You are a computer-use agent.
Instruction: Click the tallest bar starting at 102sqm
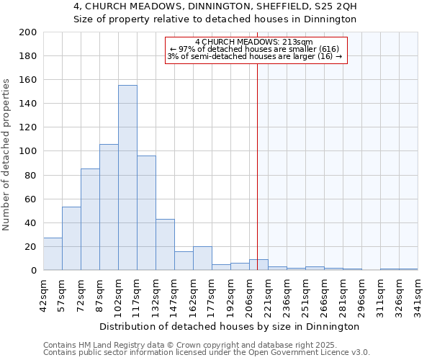point(127,178)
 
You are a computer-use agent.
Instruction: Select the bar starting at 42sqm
point(53,254)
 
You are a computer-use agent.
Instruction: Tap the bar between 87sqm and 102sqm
point(109,207)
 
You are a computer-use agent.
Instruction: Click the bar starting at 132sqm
point(165,245)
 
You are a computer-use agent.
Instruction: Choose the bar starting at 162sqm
point(202,258)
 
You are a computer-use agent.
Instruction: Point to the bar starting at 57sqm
point(71,238)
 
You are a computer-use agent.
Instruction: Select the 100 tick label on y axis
point(28,151)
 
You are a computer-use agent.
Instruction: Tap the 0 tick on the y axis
point(33,271)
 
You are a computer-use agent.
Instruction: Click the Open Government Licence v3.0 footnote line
point(207,353)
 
